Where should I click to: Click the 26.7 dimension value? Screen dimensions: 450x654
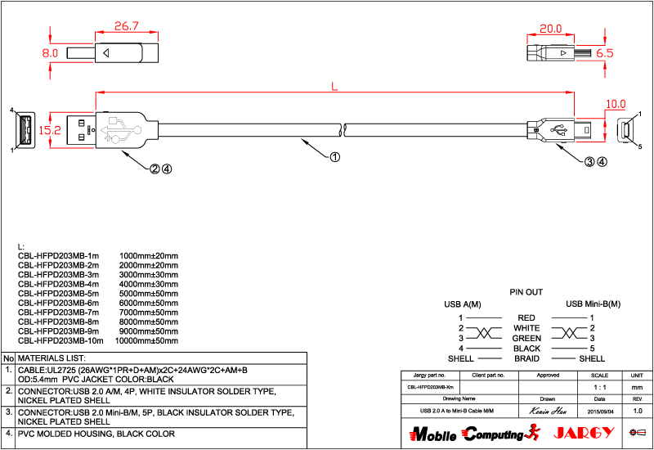point(126,26)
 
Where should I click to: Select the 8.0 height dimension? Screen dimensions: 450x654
point(51,52)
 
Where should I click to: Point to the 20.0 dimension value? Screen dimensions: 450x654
point(550,29)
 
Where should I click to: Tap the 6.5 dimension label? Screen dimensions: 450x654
point(605,52)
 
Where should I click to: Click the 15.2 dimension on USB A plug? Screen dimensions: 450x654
point(51,129)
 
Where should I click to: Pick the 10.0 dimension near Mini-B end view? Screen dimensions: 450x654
point(616,104)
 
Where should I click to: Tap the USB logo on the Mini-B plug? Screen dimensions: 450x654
point(561,129)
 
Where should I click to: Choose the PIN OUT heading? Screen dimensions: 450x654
point(526,292)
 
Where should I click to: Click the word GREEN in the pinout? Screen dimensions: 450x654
point(526,338)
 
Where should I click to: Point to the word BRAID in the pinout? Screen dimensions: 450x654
point(526,358)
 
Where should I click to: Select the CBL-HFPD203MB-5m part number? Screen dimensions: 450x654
point(58,292)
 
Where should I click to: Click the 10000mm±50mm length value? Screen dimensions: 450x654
point(146,340)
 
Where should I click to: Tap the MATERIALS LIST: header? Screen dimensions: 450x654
point(52,358)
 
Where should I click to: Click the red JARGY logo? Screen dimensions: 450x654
point(581,432)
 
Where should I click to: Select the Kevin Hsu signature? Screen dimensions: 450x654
point(548,410)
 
